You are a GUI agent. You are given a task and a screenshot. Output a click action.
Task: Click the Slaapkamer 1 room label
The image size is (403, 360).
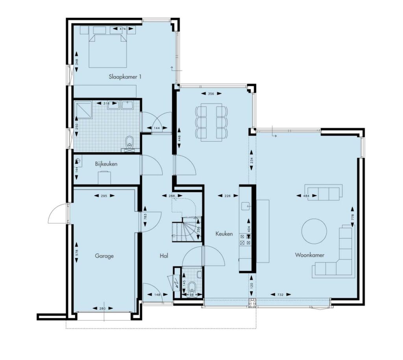click(125, 77)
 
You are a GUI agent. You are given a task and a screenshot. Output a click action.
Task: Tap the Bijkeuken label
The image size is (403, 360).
click(106, 164)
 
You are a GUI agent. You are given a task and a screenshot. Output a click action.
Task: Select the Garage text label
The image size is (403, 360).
click(104, 256)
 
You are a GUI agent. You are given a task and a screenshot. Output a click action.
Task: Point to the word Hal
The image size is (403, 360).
click(164, 256)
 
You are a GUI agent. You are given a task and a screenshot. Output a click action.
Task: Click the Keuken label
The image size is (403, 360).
click(224, 234)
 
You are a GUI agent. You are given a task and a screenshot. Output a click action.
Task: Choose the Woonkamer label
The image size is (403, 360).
click(309, 255)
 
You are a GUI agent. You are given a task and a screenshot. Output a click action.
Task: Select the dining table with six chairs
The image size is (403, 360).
click(211, 122)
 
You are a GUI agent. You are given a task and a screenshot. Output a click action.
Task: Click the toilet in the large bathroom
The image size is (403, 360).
click(129, 142)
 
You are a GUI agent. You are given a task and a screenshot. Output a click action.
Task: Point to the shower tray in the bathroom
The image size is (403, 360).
click(83, 110)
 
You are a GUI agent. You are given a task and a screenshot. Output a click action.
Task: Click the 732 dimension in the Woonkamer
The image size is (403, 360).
click(280, 295)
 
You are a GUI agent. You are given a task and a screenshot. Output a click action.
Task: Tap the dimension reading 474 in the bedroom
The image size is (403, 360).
click(123, 29)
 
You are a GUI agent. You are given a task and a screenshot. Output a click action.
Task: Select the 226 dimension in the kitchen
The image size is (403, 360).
click(227, 196)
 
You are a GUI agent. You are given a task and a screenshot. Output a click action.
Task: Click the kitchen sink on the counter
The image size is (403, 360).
click(246, 206)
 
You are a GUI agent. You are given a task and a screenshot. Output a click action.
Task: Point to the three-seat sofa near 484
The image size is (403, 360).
click(324, 192)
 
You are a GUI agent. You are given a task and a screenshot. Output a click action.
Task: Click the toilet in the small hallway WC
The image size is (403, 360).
click(192, 287)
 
